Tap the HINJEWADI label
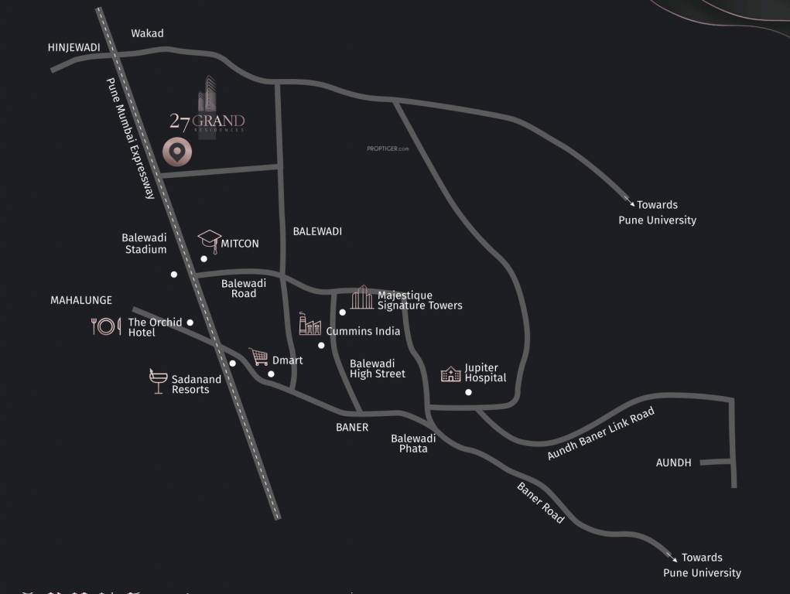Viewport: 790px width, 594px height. tap(74, 47)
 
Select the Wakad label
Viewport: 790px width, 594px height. tap(147, 33)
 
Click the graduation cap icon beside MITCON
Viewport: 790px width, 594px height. tap(209, 241)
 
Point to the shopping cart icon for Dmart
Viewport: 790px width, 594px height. tap(258, 357)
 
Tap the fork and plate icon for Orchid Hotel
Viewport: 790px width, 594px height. tap(106, 326)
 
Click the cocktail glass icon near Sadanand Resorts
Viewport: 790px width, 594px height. tap(158, 381)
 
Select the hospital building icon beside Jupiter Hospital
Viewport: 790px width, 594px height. tap(450, 374)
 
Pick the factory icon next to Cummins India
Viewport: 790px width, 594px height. tap(310, 324)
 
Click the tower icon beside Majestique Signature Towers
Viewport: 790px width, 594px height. tap(361, 297)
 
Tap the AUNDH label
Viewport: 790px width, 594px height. tap(673, 463)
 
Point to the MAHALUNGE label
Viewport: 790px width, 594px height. tap(81, 300)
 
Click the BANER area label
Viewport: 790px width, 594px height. tap(352, 427)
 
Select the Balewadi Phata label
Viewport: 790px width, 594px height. tap(413, 443)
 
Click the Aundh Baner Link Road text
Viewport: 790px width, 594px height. tap(600, 434)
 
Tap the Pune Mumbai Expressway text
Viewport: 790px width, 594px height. tap(131, 138)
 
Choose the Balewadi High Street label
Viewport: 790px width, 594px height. tap(378, 368)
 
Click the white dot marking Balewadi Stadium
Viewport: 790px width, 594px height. tap(174, 275)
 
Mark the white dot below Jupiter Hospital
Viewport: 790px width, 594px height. tap(468, 393)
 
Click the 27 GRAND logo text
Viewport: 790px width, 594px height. tap(207, 121)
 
